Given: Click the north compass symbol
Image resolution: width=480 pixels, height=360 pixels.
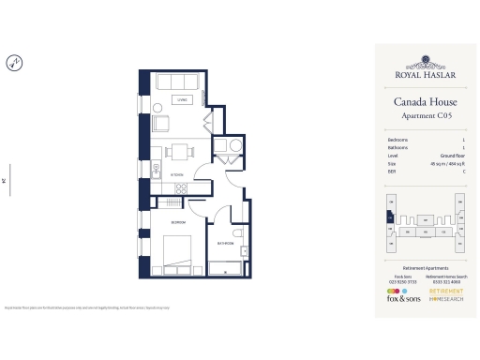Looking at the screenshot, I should (13, 64).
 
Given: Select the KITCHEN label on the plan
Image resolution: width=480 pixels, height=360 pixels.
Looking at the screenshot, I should (178, 174).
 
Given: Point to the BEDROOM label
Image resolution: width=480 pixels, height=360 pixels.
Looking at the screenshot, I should (177, 221).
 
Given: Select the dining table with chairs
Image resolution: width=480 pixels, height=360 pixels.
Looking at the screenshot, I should (178, 150).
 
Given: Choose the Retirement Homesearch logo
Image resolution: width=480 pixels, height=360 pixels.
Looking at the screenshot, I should (446, 293).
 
